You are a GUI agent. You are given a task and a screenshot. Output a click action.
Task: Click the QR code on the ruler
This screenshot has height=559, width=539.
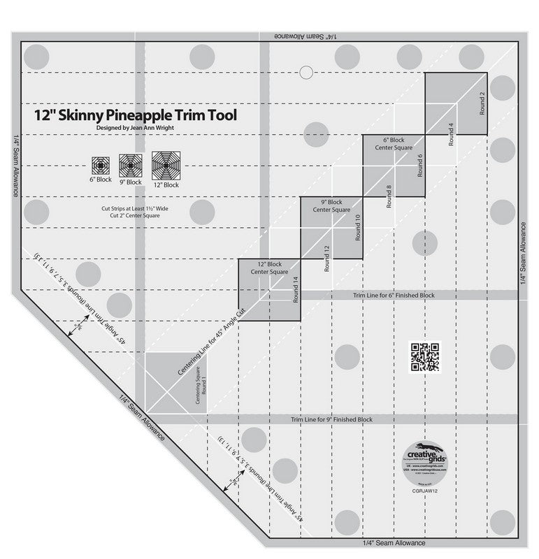coord(425,356)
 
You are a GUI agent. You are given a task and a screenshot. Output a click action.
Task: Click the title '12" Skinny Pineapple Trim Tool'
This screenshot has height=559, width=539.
coord(136,114)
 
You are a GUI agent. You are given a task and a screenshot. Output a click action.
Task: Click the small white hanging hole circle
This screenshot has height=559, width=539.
coord(305,71)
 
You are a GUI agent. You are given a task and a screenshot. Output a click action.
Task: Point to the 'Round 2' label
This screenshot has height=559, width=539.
coord(482,103)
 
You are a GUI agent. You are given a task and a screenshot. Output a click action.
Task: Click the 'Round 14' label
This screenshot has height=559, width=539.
coord(295,288)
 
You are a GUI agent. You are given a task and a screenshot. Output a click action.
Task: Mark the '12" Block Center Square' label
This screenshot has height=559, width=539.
coord(269,268)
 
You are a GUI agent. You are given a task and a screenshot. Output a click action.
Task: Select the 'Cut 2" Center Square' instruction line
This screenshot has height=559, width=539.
coord(136,216)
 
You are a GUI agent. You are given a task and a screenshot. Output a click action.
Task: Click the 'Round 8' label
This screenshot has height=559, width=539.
coord(389,197)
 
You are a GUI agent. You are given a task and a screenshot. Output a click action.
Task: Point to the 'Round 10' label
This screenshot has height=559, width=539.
coord(357,228)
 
